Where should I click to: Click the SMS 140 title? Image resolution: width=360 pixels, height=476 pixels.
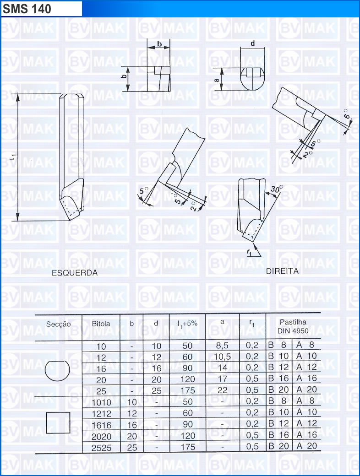click(x=27, y=9)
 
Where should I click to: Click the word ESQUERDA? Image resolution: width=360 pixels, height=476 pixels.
click(x=75, y=273)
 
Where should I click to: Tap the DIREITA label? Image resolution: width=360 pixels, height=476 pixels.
click(x=282, y=271)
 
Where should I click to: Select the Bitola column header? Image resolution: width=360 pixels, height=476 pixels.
click(x=101, y=324)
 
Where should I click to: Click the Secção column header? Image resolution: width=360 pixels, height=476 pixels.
click(x=58, y=324)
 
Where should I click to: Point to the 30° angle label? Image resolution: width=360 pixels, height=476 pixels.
click(x=277, y=189)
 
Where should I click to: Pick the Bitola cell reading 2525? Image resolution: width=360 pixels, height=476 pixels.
click(x=102, y=448)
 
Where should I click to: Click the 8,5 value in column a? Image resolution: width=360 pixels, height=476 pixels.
click(x=222, y=346)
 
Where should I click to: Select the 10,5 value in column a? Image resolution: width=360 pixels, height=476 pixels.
click(x=223, y=357)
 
